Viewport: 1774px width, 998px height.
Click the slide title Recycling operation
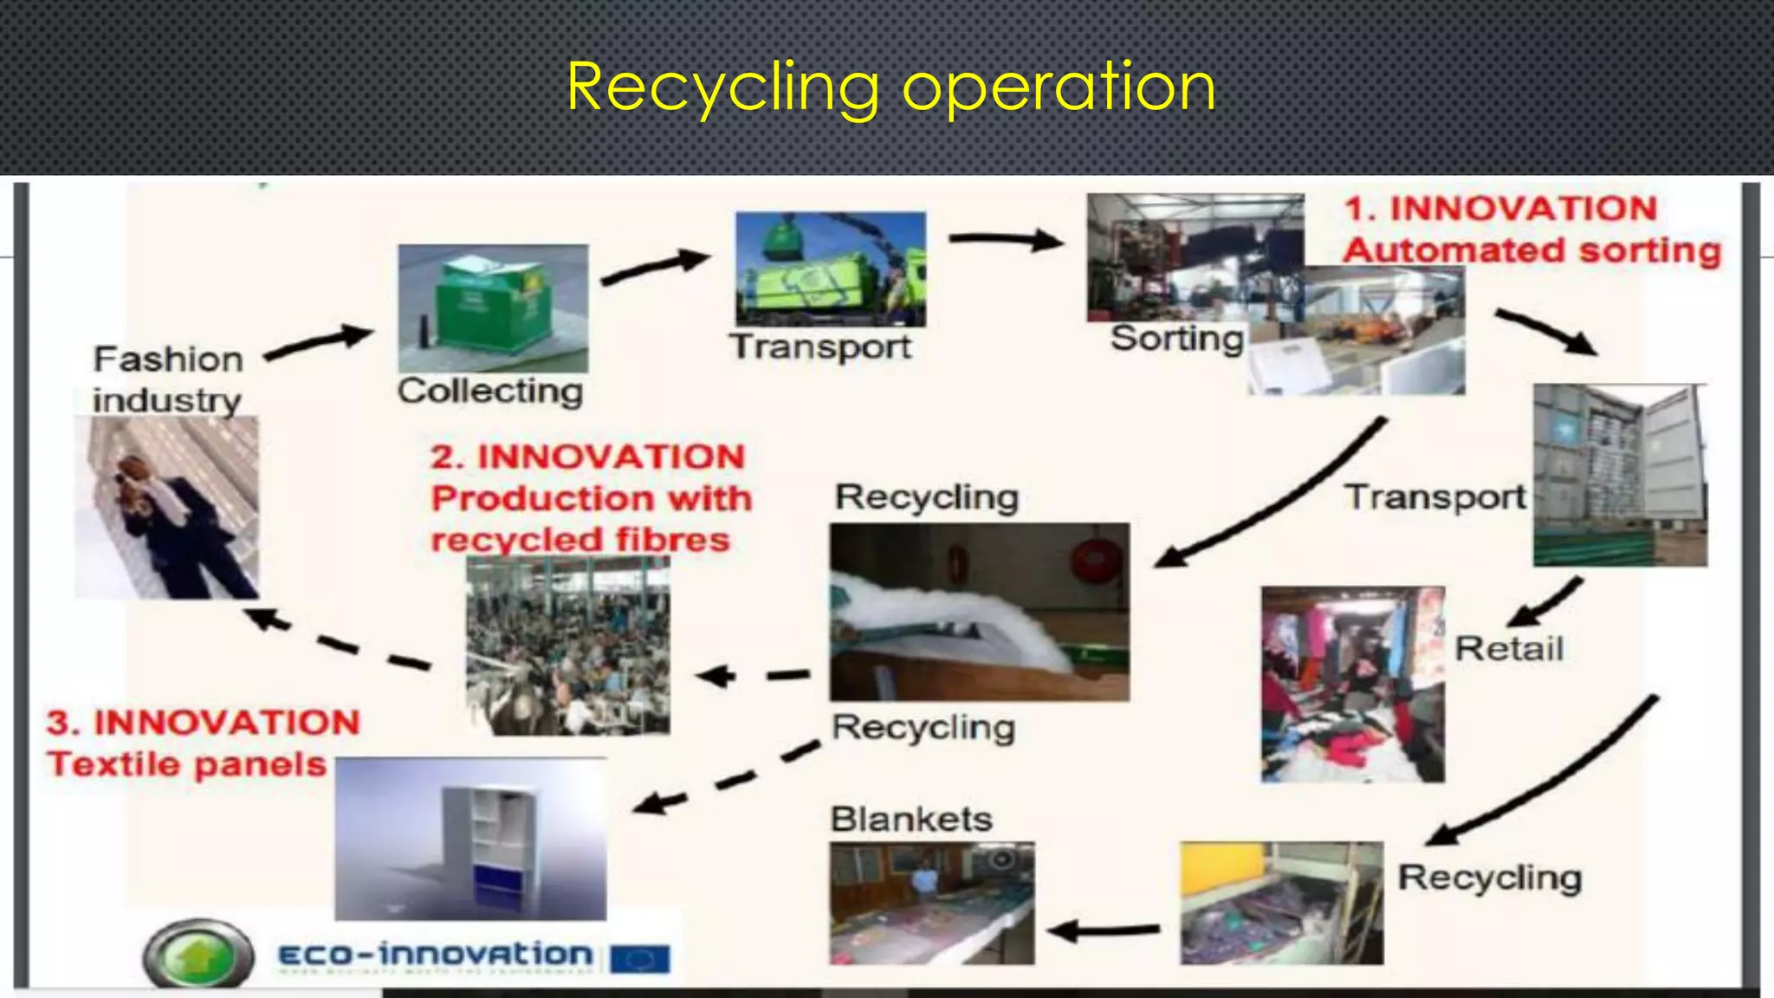pos(890,87)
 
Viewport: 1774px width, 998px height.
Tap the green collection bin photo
pos(492,308)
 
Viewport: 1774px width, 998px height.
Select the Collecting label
pos(490,391)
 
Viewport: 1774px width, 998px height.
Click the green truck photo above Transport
pos(830,269)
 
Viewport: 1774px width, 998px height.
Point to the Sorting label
pos(1176,338)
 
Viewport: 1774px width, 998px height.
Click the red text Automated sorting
pos(1531,250)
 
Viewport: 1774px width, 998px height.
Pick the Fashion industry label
pos(168,379)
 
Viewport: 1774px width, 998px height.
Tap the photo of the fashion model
pos(166,508)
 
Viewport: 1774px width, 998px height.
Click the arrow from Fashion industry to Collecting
pos(318,342)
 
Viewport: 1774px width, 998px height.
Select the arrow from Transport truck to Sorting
pos(1005,239)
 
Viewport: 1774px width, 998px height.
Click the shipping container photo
pos(1620,475)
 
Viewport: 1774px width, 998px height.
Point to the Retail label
pos(1509,648)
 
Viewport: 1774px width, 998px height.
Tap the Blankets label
pos(911,819)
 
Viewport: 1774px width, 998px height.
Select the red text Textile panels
pos(187,764)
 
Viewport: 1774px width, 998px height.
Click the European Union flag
pos(639,958)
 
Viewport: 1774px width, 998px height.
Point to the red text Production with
pos(592,498)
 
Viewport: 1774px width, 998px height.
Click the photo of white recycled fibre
pos(979,612)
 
